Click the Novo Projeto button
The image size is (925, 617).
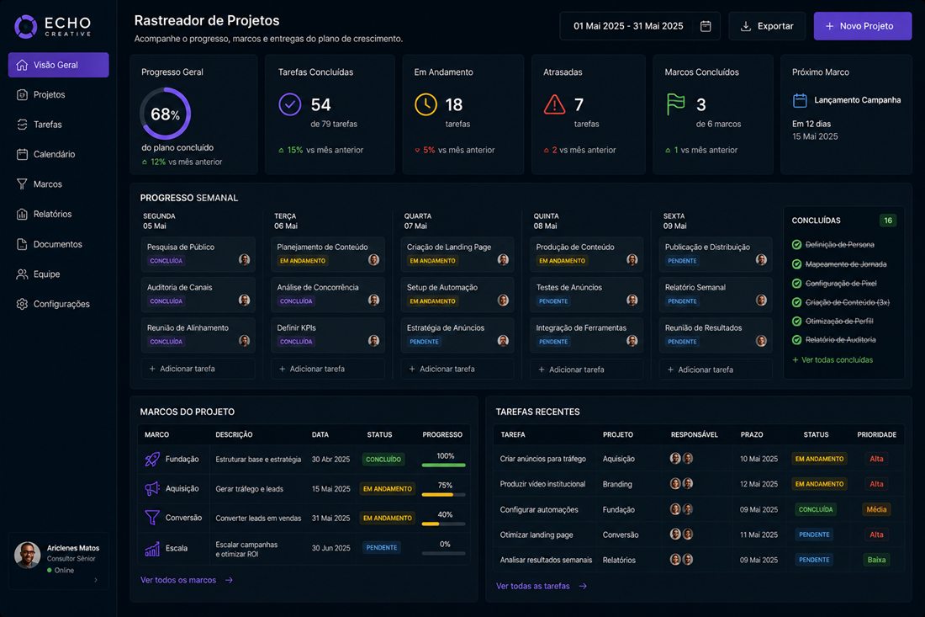(863, 26)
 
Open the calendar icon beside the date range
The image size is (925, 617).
(706, 26)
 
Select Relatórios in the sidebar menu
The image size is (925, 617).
(52, 215)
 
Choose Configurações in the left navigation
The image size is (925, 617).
(61, 304)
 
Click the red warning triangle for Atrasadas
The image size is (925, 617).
(554, 105)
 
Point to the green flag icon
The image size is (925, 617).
(675, 104)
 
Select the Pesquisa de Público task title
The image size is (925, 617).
(181, 247)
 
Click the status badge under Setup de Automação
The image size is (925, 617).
(432, 301)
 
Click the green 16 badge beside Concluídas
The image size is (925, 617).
(888, 221)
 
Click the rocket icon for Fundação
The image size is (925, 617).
(152, 459)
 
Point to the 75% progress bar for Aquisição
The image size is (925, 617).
(444, 494)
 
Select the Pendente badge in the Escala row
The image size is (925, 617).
(382, 547)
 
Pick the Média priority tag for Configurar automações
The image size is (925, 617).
(876, 509)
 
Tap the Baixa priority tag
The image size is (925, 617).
(876, 560)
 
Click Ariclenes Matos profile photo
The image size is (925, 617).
(27, 555)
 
